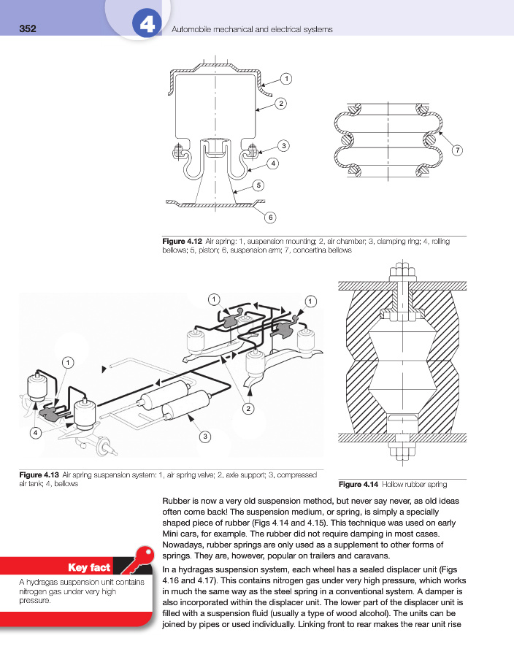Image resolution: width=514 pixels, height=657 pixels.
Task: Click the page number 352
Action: coord(27,29)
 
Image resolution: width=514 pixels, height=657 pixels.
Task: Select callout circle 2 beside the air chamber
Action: coord(280,104)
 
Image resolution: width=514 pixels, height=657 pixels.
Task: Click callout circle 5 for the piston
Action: coord(258,185)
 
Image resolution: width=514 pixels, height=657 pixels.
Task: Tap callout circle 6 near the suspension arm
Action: coord(269,217)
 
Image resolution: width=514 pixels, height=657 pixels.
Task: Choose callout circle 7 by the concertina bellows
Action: coord(458,150)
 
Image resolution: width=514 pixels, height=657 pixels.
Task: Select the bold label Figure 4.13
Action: coord(39,475)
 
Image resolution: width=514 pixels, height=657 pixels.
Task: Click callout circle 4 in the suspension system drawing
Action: coord(34,433)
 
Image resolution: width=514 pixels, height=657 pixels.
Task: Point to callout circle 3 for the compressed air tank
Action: coord(205,437)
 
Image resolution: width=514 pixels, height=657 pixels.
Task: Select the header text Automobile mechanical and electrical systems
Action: coord(251,30)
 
